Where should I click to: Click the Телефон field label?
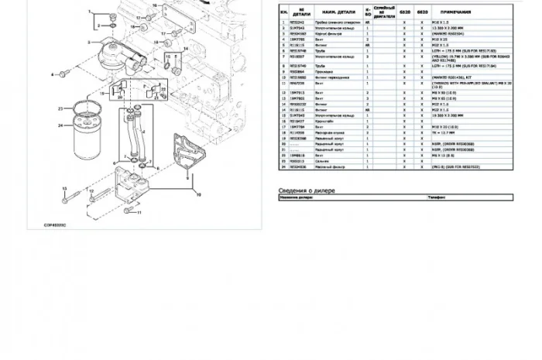[x=435, y=197]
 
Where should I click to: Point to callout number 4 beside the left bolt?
[x=53, y=74]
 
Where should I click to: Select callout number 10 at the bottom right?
[x=198, y=194]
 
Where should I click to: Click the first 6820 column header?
[x=405, y=14]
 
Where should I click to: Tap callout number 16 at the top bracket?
[x=155, y=5]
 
